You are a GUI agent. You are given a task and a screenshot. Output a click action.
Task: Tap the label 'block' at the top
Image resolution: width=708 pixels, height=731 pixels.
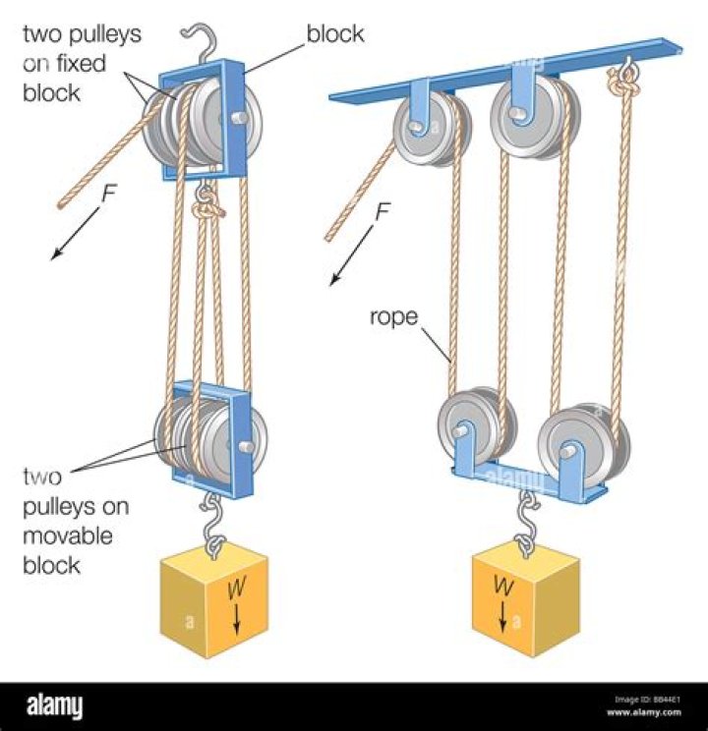click(334, 34)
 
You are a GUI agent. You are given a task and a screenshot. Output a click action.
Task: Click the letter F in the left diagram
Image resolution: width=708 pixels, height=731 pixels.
click(109, 194)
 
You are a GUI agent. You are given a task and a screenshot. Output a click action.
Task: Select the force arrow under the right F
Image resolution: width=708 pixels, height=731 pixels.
click(354, 257)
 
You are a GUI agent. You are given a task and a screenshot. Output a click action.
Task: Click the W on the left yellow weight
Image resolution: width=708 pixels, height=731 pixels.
click(236, 590)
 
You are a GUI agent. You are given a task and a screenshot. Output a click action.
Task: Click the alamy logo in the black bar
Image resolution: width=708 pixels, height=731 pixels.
click(54, 704)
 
